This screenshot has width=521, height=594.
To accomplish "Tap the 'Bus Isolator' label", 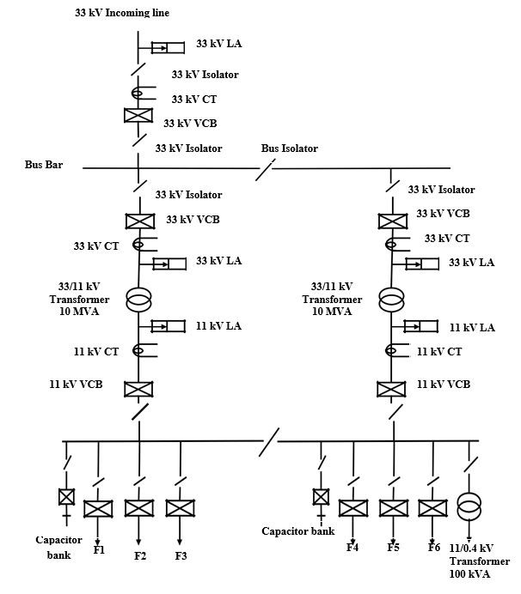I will pos(289,148).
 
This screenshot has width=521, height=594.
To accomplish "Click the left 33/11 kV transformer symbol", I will pos(138,301).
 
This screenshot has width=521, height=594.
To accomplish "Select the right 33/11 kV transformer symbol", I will pos(391,301).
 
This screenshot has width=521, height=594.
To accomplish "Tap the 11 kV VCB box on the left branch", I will pos(138,388).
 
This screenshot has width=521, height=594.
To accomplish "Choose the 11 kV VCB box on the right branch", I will pos(391,388).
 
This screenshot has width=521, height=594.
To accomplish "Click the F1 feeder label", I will pos(99,549).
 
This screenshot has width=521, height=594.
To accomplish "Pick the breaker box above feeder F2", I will pos(139,508).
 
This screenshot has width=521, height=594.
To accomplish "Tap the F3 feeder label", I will pos(181,555).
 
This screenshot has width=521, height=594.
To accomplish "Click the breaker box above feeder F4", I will pos(352,508).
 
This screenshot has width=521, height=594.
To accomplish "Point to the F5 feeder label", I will pos(394,547).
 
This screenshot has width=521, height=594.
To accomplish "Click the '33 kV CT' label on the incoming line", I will pos(194,100).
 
